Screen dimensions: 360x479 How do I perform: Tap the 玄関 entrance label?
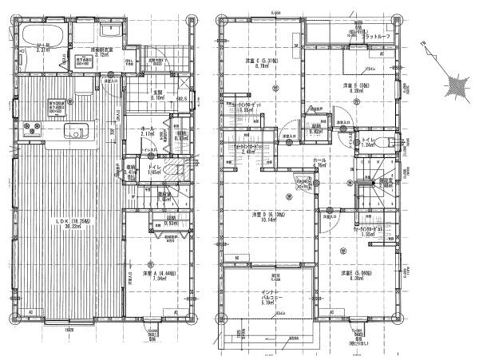(158, 93)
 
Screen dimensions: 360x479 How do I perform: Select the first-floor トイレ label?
(153, 168)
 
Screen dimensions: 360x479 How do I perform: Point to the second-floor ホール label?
(319, 161)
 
